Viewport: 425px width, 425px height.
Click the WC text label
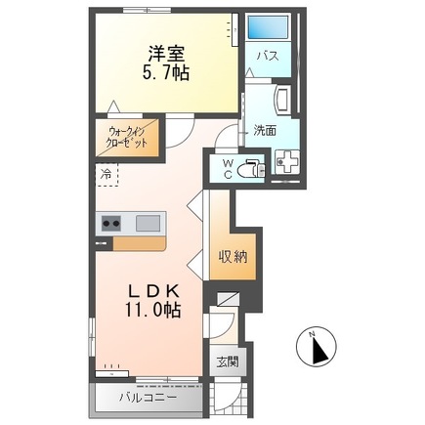(x=224, y=168)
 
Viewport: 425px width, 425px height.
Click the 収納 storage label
(x=233, y=257)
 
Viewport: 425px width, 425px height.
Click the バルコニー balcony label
(x=148, y=398)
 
